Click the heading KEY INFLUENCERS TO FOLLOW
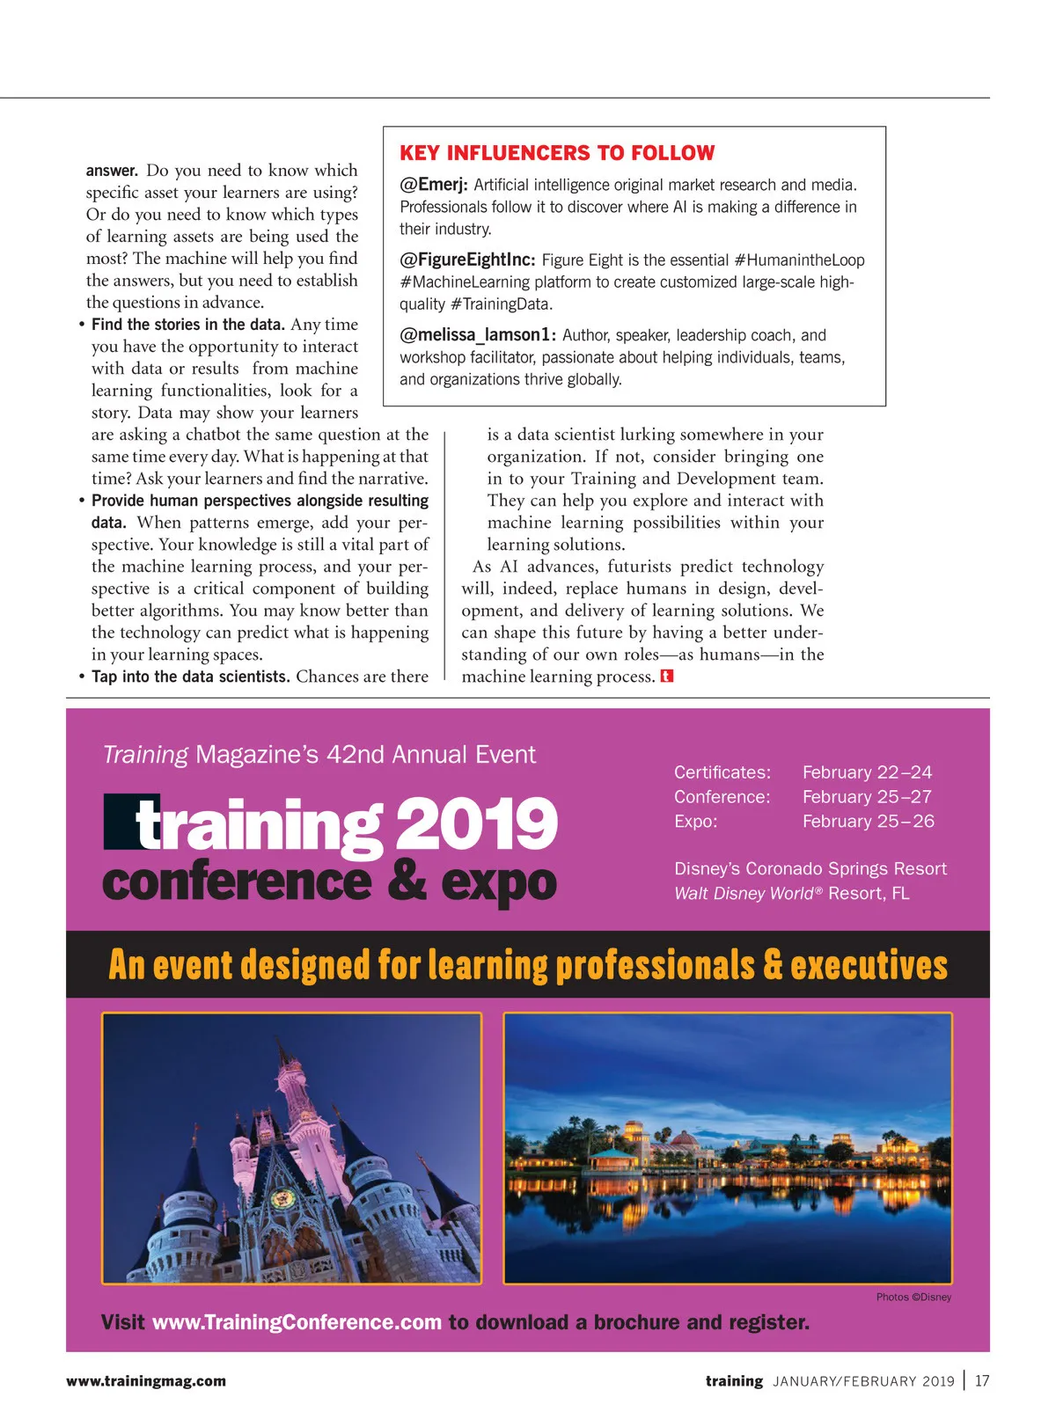[x=557, y=153]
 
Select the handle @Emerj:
[x=433, y=185]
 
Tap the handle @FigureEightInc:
[x=467, y=260]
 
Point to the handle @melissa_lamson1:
[x=478, y=335]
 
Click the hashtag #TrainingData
[x=500, y=304]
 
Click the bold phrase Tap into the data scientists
[x=191, y=677]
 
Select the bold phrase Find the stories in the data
[x=188, y=325]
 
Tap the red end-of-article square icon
[x=667, y=677]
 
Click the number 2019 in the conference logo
[x=476, y=824]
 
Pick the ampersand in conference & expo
[x=407, y=881]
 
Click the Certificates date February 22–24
[x=867, y=772]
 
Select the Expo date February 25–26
[x=868, y=822]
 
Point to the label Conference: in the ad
[x=722, y=797]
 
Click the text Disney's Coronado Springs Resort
[x=810, y=869]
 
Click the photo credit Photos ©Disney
[x=913, y=1298]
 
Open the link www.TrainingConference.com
[x=297, y=1323]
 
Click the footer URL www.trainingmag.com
[x=146, y=1381]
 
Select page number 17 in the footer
[x=982, y=1381]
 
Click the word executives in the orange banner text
[x=869, y=965]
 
